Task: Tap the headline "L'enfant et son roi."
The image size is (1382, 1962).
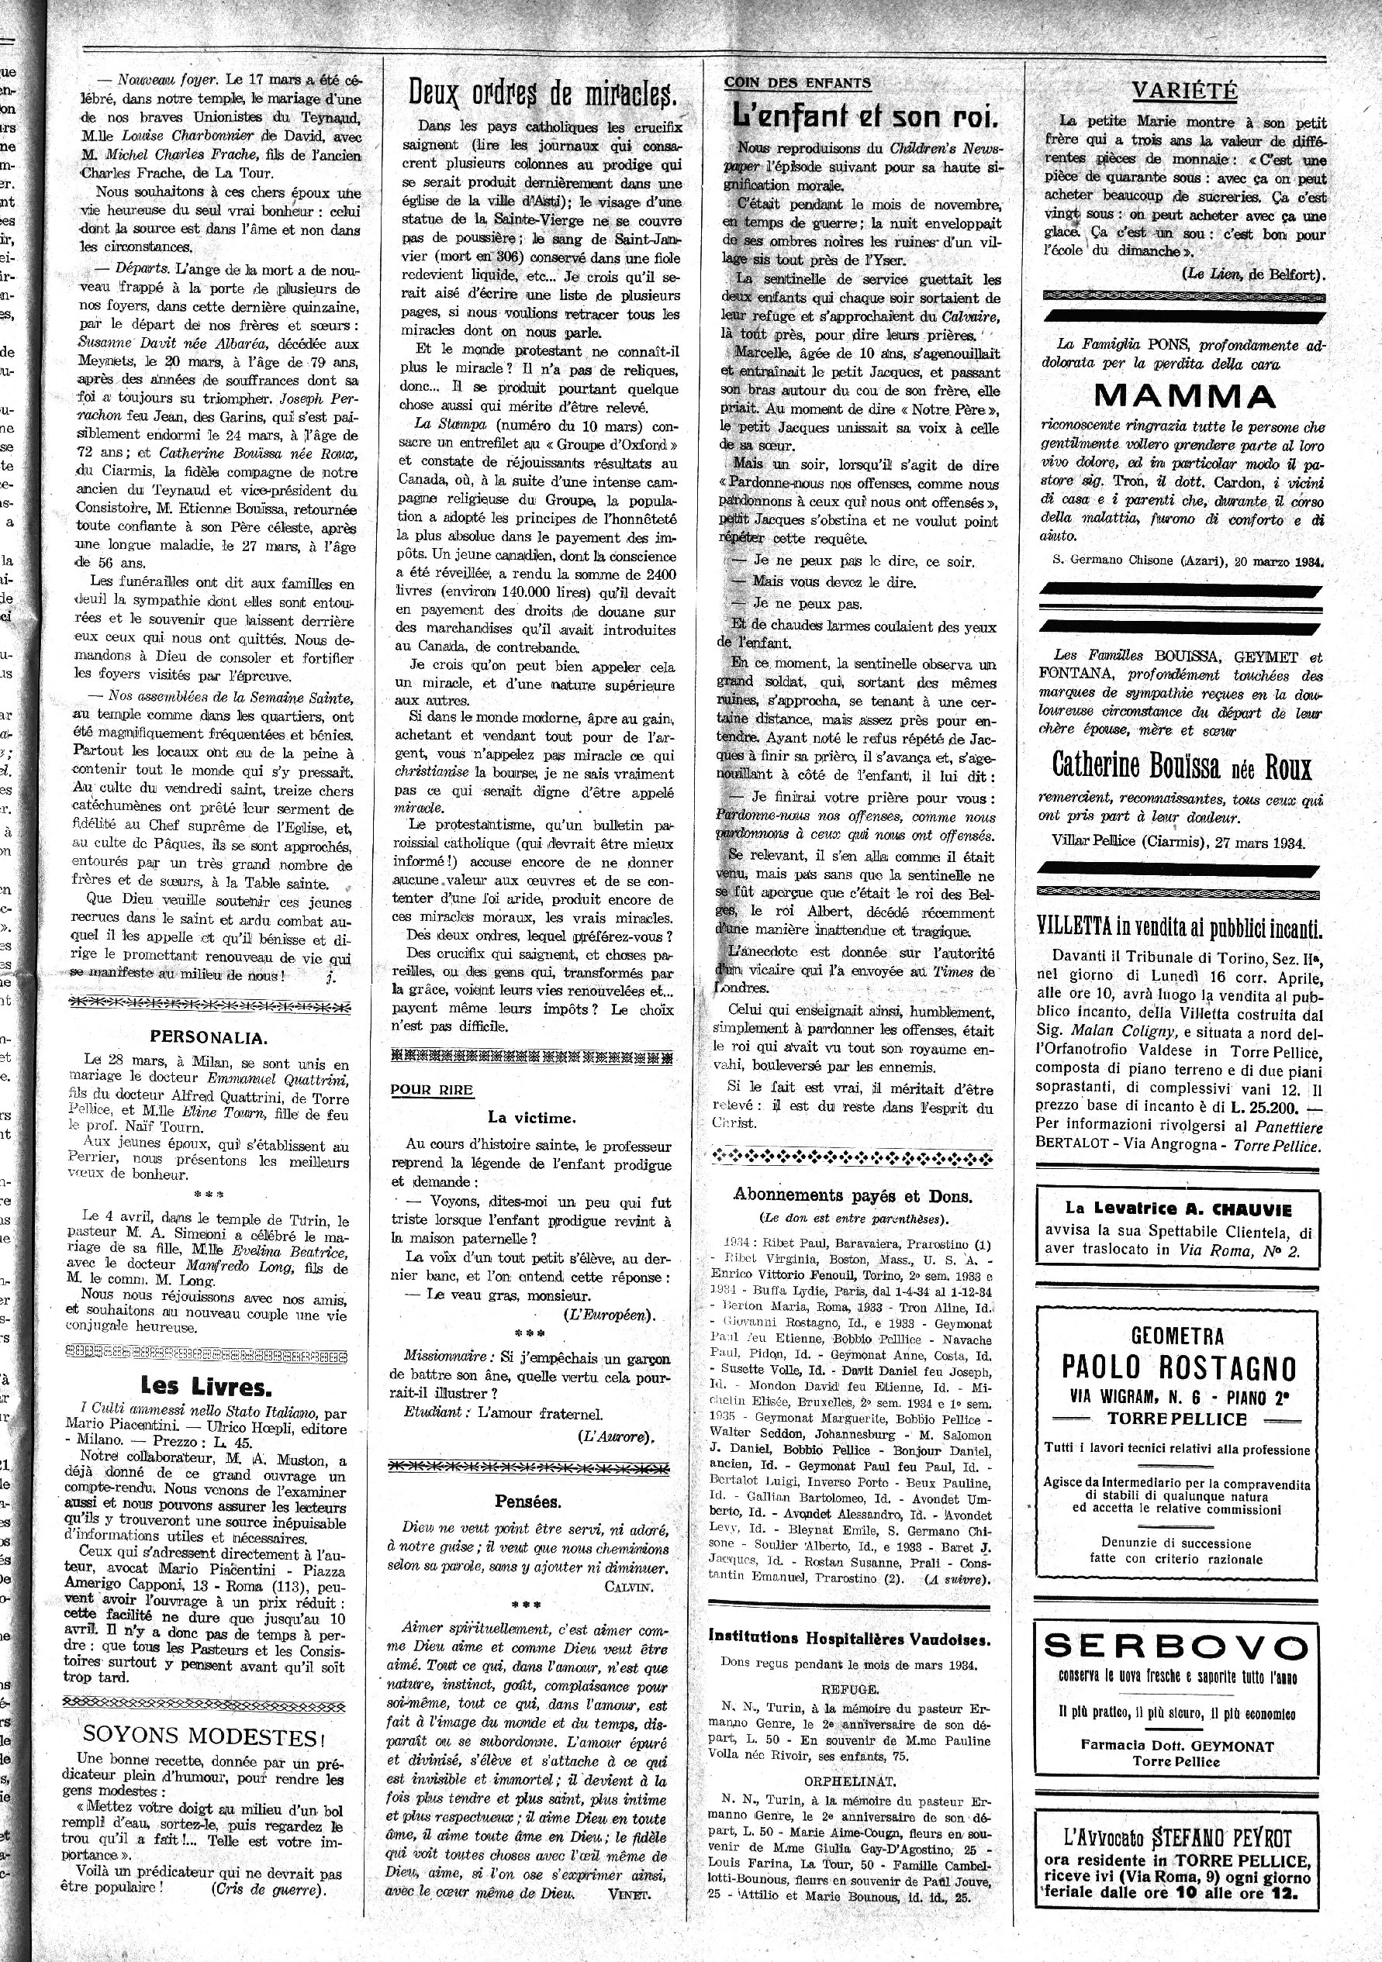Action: coord(865,116)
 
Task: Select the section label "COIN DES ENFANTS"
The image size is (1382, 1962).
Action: coord(797,83)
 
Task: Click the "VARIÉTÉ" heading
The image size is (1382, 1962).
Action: coord(1183,91)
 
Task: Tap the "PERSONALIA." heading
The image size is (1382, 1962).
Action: coord(209,1037)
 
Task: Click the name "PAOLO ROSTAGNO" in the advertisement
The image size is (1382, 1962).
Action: coord(1179,1368)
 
